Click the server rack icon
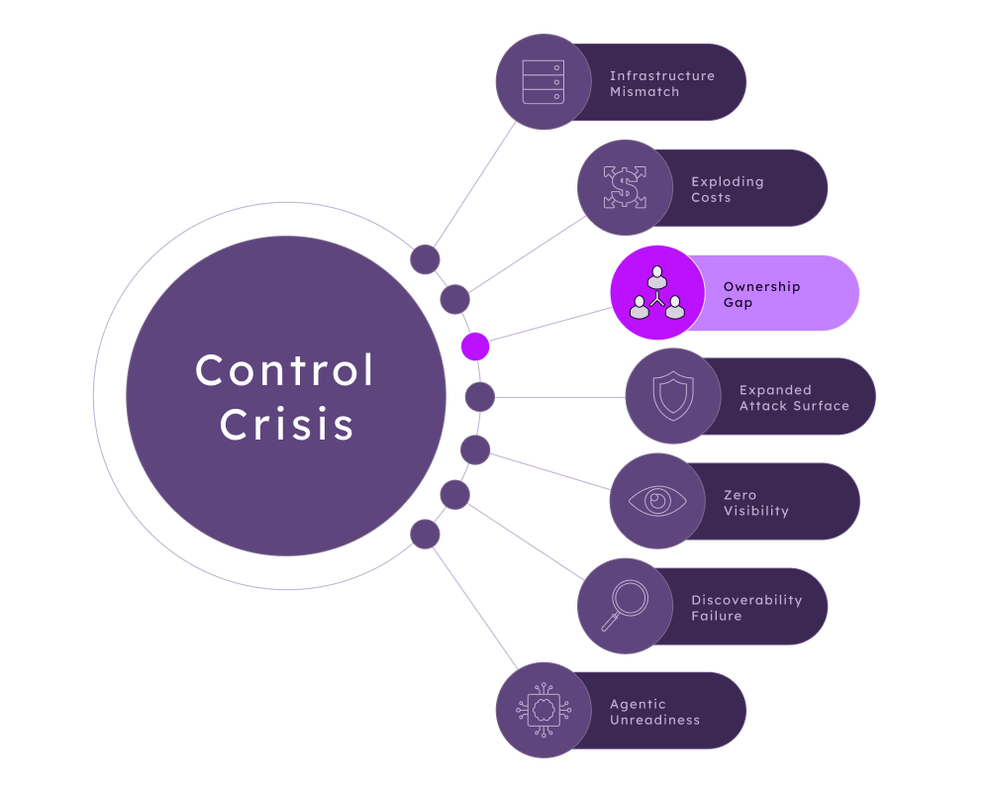coord(543,81)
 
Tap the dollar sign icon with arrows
coord(625,187)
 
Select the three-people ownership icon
coord(657,292)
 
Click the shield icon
coord(673,396)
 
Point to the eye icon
coord(657,501)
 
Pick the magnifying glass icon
coord(625,605)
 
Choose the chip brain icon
coord(544,710)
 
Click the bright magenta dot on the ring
coord(475,346)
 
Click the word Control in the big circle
coord(285,370)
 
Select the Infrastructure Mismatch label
coord(661,83)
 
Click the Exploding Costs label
coord(728,189)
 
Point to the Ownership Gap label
coord(761,294)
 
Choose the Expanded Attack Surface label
coord(794,398)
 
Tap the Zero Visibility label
coord(755,503)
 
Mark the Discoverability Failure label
coord(746,608)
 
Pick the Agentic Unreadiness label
coord(654,712)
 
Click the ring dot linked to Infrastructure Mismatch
coord(425,259)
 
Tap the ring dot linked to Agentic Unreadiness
coord(425,535)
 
